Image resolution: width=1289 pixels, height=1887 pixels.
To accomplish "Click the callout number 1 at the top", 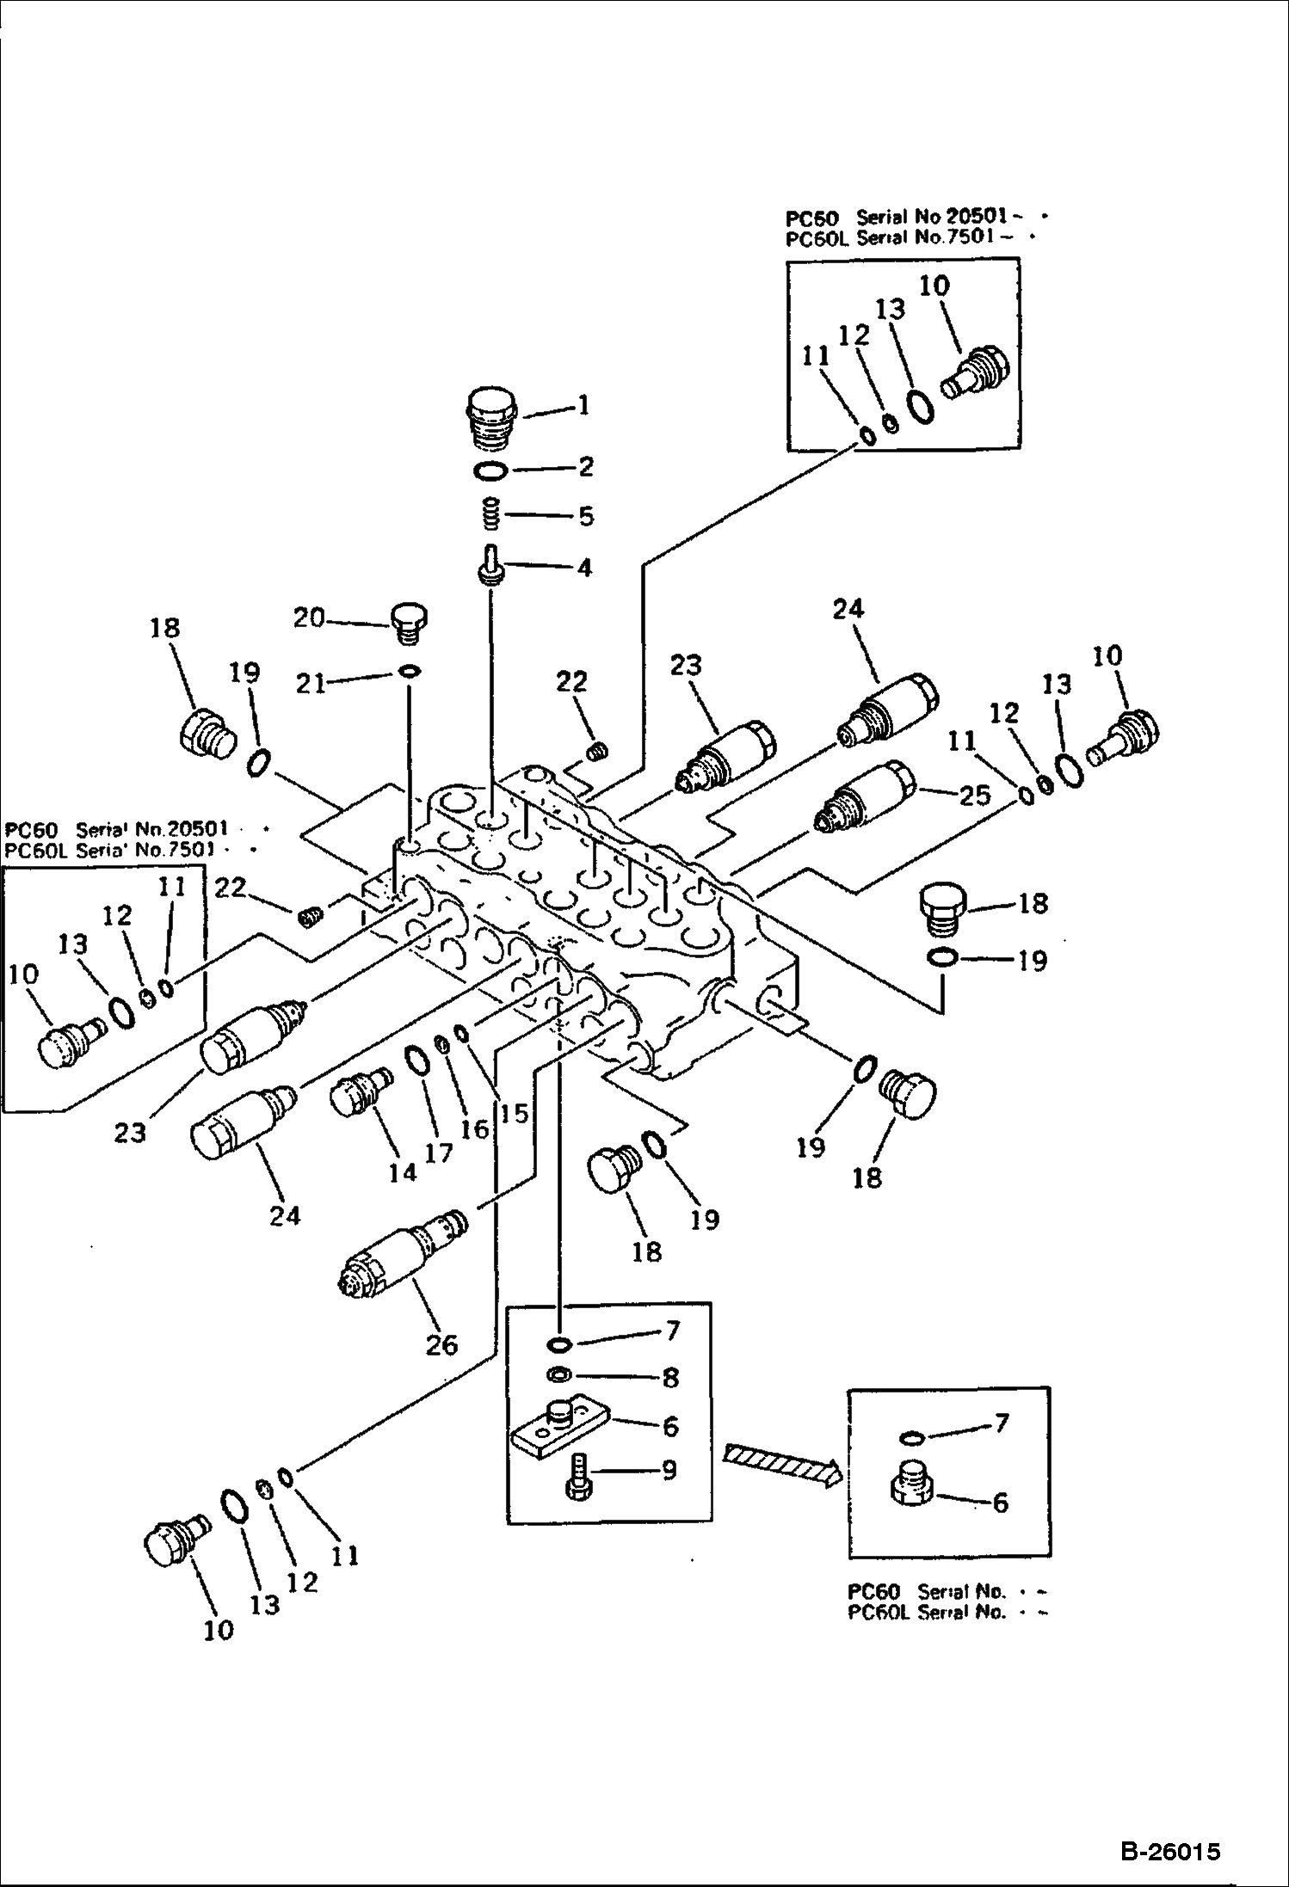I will pos(583,404).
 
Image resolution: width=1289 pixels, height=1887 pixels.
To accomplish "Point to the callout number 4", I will pos(583,567).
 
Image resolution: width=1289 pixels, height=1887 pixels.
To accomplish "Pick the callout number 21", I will pos(310,683).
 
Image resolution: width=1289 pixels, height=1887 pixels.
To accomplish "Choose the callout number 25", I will pos(974,796).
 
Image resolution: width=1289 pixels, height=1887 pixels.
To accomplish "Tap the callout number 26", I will pos(441,1344).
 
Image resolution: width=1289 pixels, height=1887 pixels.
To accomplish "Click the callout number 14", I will pos(402,1171).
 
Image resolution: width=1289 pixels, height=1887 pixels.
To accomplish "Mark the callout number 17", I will pos(439,1152).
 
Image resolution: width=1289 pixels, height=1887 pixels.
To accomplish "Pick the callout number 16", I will pos(474,1128).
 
